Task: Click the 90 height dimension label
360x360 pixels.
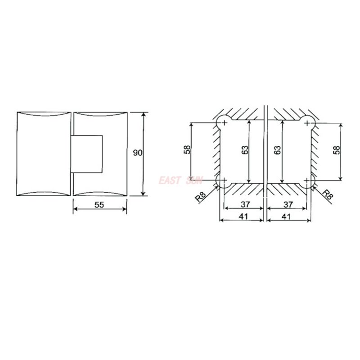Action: pos(138,153)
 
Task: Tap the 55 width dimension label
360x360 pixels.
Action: pos(99,205)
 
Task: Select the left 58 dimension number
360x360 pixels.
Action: pos(188,150)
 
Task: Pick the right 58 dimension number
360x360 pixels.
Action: pos(337,150)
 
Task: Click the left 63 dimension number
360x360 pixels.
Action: pos(245,150)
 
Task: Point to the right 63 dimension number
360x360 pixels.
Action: pos(277,150)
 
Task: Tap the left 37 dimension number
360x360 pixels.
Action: pos(245,204)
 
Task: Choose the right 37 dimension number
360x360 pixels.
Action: pos(288,204)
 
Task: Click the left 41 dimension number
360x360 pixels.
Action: pos(243,216)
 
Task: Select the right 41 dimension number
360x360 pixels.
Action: pos(286,216)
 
